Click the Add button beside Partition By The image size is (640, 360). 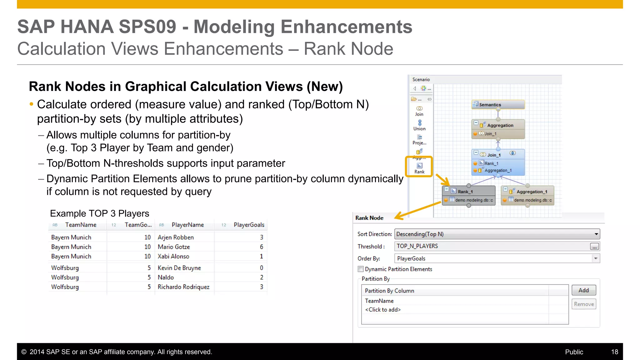click(x=583, y=290)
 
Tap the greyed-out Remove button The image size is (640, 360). click(x=583, y=304)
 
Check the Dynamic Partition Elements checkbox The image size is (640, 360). click(x=361, y=269)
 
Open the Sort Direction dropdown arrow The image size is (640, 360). click(x=596, y=234)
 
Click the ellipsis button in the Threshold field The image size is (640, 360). click(x=594, y=247)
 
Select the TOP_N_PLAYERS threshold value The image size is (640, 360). click(x=417, y=246)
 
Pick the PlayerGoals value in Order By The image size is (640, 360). click(x=411, y=258)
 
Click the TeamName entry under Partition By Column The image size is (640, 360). click(x=379, y=301)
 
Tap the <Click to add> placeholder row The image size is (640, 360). click(x=383, y=310)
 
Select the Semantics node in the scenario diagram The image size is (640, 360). click(x=497, y=105)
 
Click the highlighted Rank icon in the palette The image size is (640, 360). click(x=419, y=167)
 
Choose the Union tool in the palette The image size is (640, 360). click(x=419, y=125)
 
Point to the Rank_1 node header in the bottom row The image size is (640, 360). click(x=468, y=191)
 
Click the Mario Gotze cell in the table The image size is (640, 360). click(x=174, y=247)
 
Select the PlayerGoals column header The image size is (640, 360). click(x=249, y=225)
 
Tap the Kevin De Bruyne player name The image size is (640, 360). click(x=179, y=268)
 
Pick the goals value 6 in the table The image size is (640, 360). click(x=261, y=247)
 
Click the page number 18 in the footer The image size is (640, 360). click(x=614, y=352)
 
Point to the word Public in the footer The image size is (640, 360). click(x=574, y=352)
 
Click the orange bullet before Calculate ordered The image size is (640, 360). click(x=31, y=104)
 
